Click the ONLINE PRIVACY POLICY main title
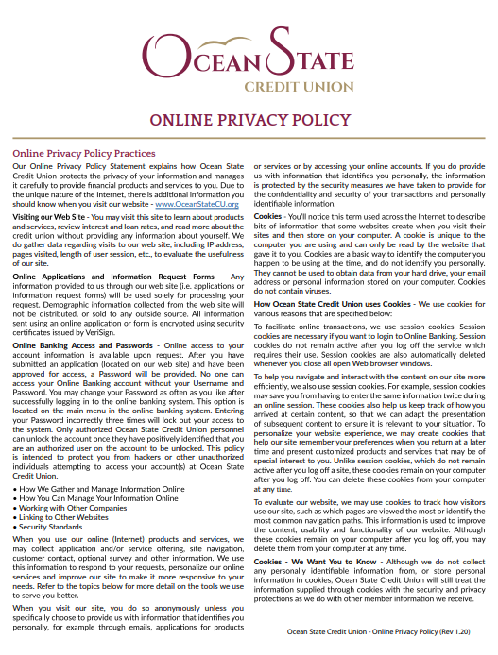click(x=249, y=120)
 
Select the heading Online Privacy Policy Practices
click(x=83, y=153)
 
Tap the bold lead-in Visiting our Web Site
click(x=48, y=217)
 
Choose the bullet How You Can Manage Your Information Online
click(x=89, y=499)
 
